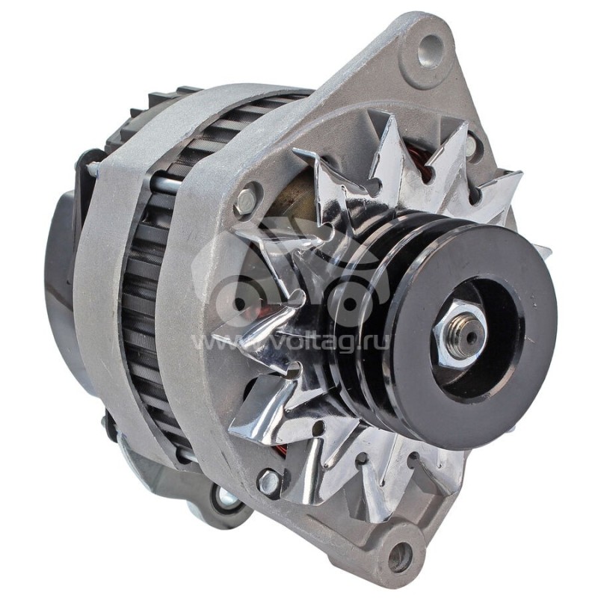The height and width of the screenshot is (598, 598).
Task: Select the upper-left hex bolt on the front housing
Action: coord(244,200)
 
